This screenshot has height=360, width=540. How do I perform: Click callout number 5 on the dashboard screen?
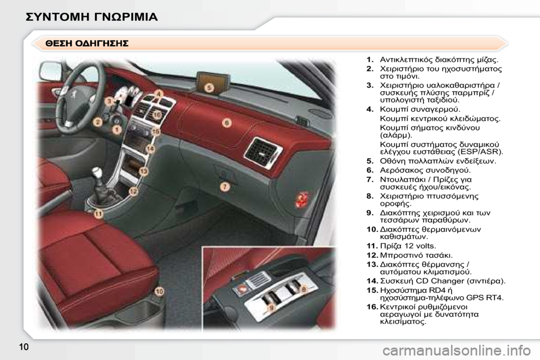click(x=209, y=88)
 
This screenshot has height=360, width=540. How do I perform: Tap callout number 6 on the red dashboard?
click(x=226, y=122)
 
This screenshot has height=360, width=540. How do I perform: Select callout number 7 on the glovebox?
click(x=225, y=187)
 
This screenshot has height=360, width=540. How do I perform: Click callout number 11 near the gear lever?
click(x=98, y=214)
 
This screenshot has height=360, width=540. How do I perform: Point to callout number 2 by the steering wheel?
click(x=98, y=121)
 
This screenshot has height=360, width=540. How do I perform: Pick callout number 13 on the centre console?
click(x=143, y=170)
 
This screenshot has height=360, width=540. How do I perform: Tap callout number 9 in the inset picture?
click(x=271, y=308)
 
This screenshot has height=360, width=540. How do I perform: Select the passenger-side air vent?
click(x=263, y=152)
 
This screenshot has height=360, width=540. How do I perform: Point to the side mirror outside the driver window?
click(x=51, y=71)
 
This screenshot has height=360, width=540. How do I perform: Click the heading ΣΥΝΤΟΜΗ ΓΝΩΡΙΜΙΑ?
click(x=92, y=16)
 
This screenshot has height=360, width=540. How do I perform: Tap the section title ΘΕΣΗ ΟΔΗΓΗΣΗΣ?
click(x=87, y=43)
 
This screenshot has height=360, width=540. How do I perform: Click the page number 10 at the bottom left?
click(x=24, y=346)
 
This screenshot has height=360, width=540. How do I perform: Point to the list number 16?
click(x=372, y=307)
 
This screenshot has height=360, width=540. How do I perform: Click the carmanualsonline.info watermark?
click(x=457, y=351)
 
